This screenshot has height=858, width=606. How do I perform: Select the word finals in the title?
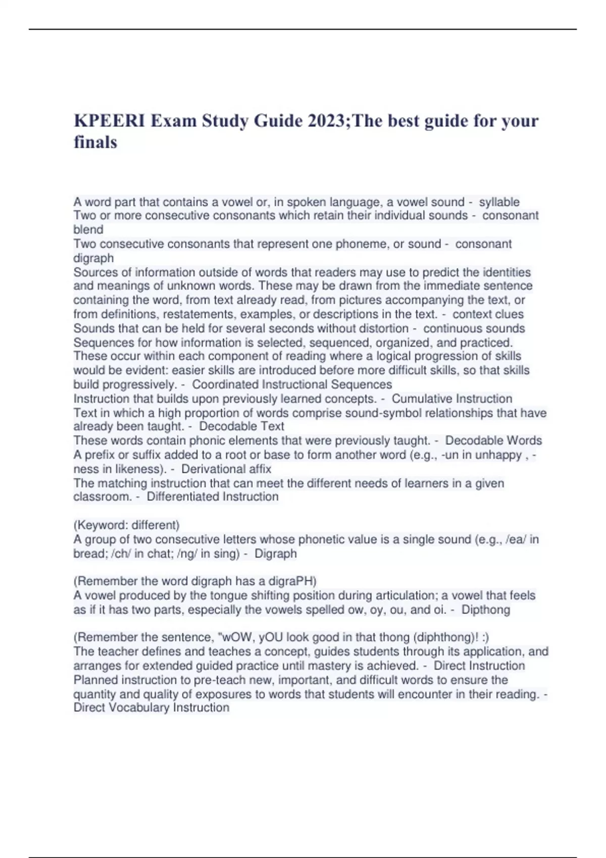[95, 142]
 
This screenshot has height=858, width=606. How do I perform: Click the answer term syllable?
[499, 202]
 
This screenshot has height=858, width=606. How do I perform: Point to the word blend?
[88, 230]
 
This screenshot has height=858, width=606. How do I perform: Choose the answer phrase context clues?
[488, 314]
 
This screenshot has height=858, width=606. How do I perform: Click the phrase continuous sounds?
[474, 328]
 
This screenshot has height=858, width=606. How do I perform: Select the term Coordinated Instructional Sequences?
[292, 384]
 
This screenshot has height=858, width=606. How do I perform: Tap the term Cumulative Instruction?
[452, 398]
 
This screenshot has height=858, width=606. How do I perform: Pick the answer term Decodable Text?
[242, 426]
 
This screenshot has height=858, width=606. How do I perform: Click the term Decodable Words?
[493, 440]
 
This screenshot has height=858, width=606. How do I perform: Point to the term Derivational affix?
[226, 469]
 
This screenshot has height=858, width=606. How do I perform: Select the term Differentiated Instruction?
[213, 496]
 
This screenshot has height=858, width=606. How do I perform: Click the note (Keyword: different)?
[126, 525]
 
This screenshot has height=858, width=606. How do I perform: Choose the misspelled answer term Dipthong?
[486, 609]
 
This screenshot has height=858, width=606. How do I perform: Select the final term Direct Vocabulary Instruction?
[151, 707]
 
